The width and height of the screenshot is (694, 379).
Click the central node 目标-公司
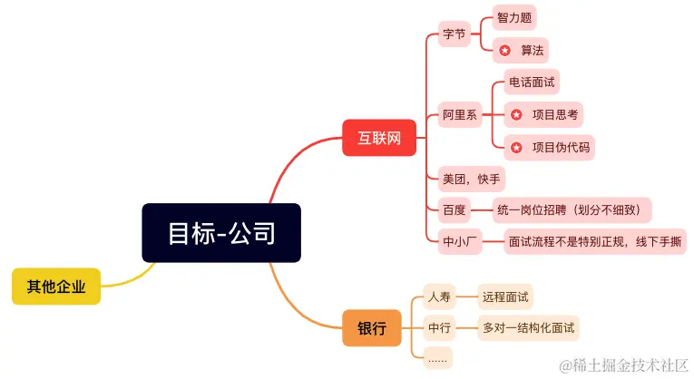(x=221, y=233)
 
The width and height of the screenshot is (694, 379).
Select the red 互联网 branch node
(x=379, y=140)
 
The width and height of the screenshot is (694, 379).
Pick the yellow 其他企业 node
(x=56, y=287)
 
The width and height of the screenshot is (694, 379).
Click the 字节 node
(x=454, y=34)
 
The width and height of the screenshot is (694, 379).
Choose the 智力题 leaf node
(x=514, y=17)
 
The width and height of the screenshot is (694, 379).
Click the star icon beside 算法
(x=505, y=51)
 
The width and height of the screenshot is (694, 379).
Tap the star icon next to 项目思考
(x=516, y=114)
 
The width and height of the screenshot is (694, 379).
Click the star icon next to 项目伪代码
(x=516, y=147)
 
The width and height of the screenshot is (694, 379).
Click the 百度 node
(x=454, y=210)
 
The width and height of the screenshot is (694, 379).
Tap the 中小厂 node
(x=459, y=242)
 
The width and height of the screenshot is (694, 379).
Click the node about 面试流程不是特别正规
(x=595, y=242)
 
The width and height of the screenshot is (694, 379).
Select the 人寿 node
(x=439, y=296)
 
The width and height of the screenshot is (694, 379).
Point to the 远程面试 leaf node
(x=506, y=296)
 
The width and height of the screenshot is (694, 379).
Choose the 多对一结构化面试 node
(x=530, y=326)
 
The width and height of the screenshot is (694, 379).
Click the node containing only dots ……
(x=438, y=358)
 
